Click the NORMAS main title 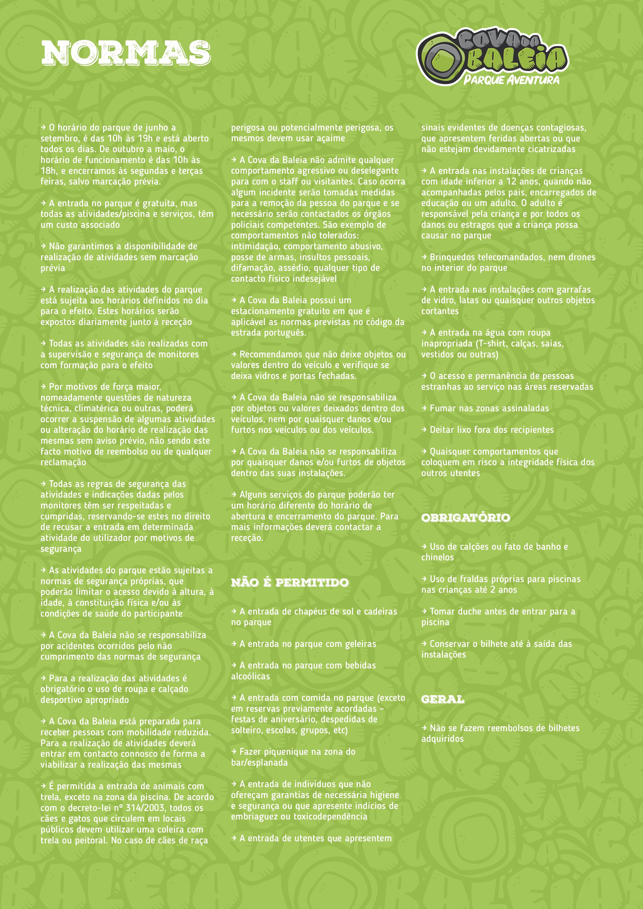click(x=126, y=53)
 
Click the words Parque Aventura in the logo click(x=512, y=80)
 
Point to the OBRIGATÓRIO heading click(x=466, y=517)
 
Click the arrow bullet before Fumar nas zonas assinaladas click(x=424, y=408)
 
